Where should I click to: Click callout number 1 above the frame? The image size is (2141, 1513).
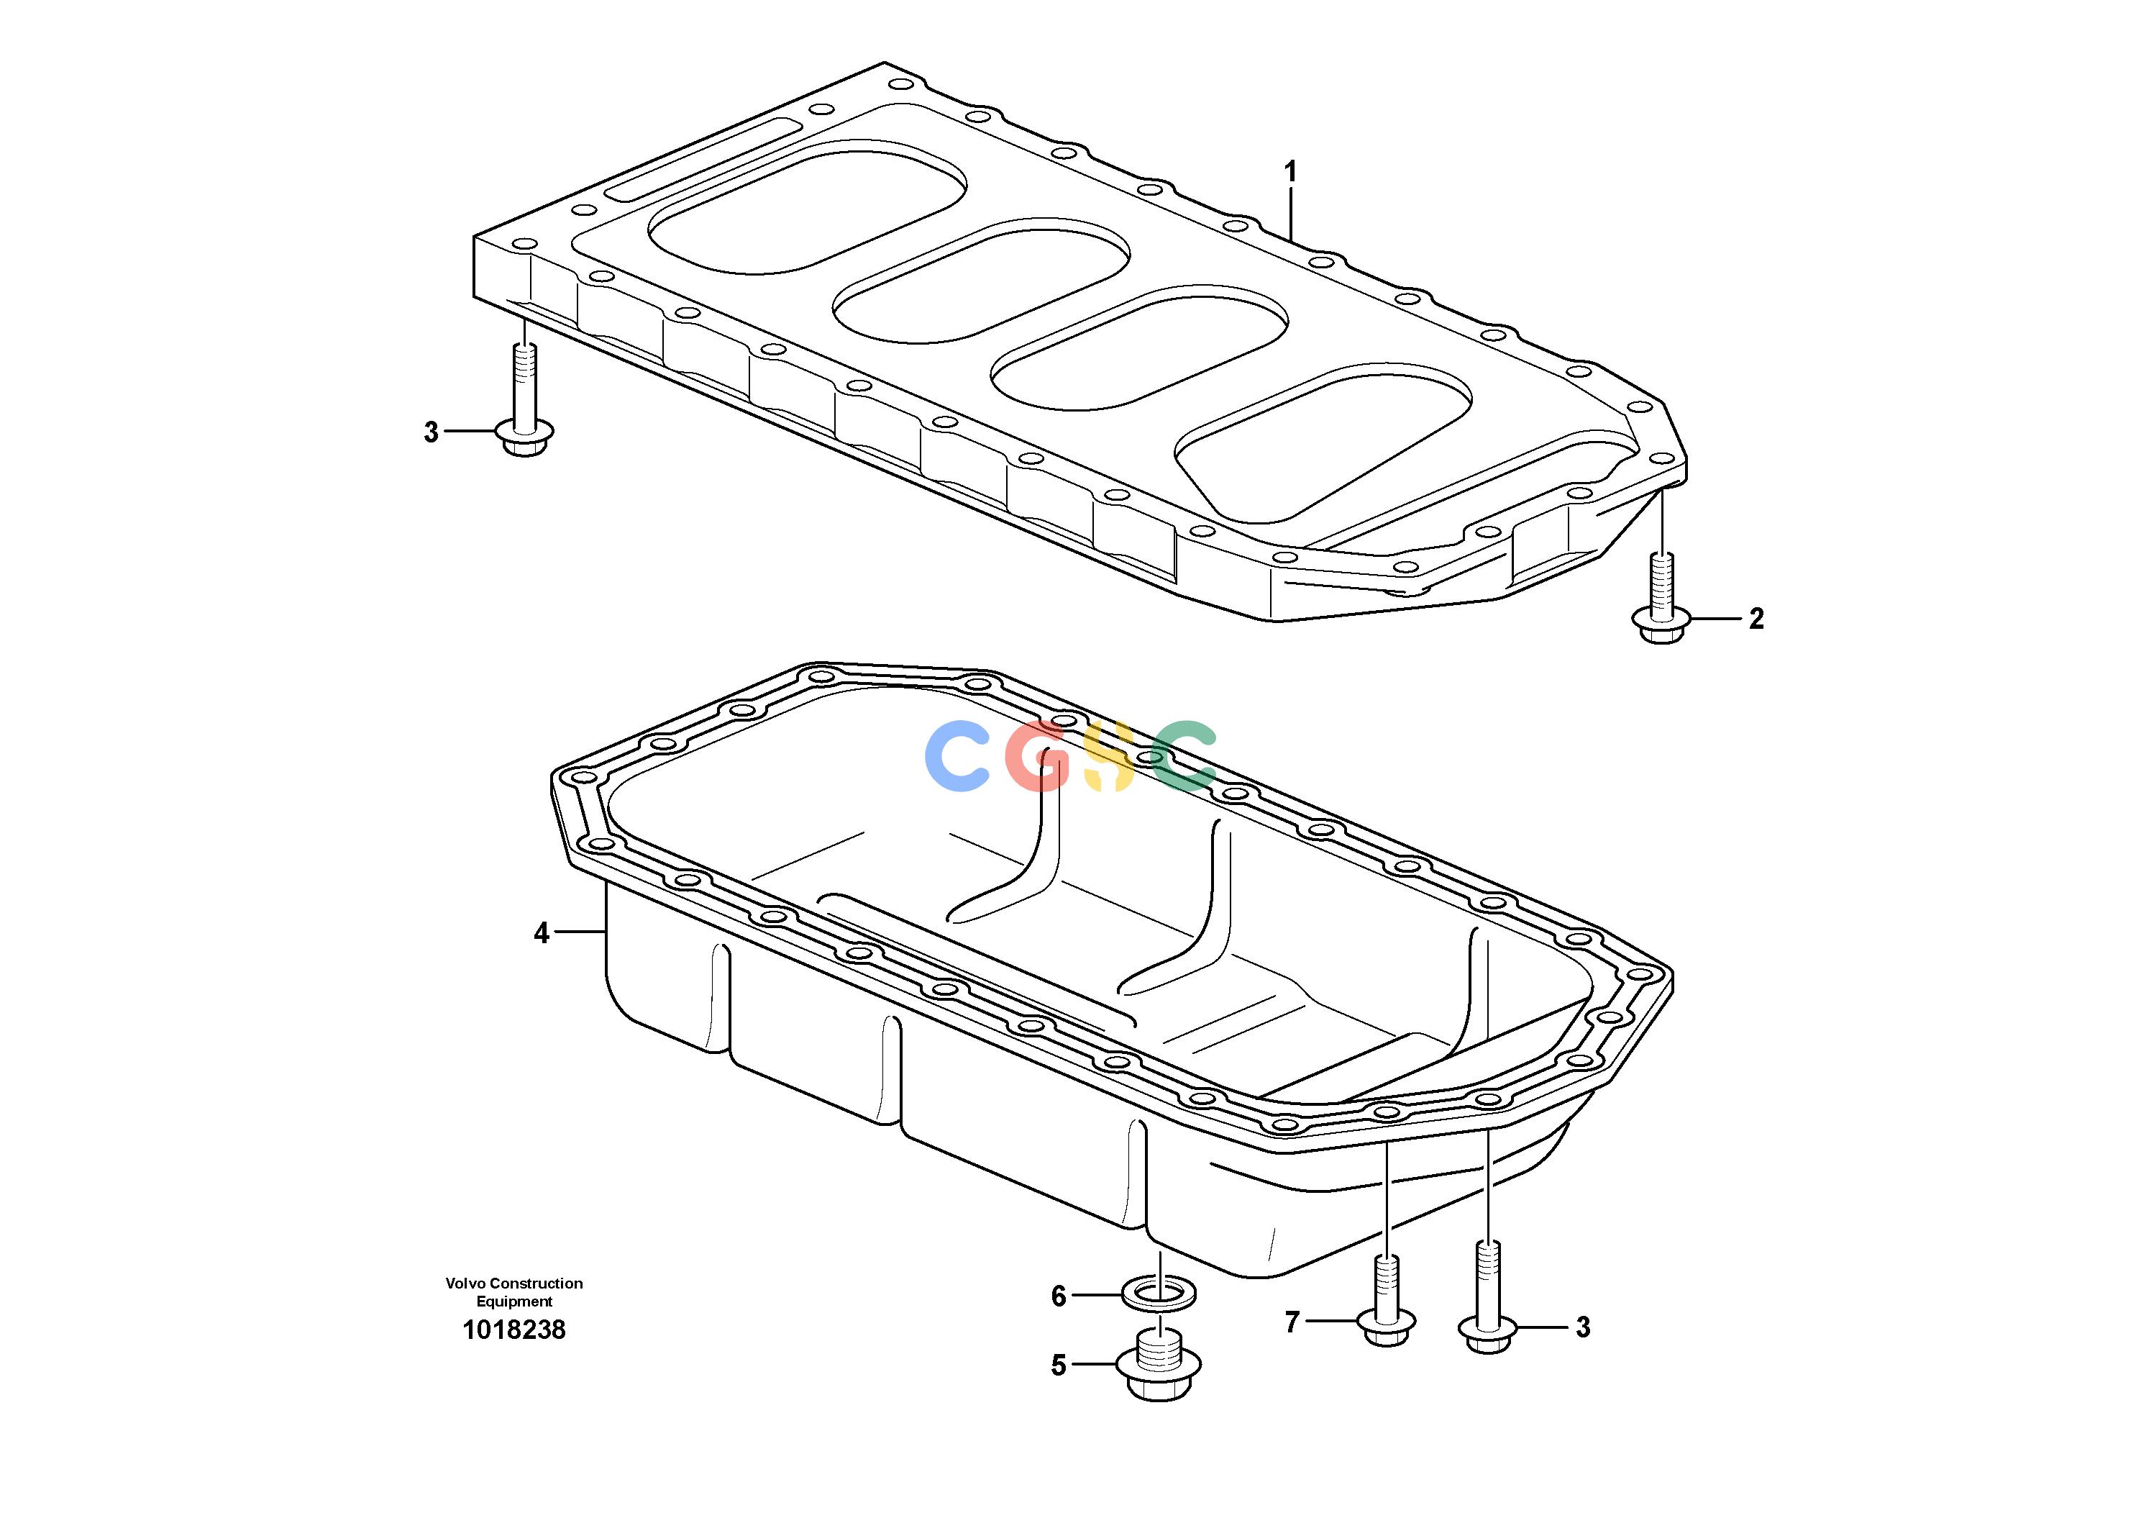pos(1290,172)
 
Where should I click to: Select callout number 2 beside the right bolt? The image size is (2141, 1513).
pos(1757,619)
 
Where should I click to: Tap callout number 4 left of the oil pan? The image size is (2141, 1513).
pos(542,933)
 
